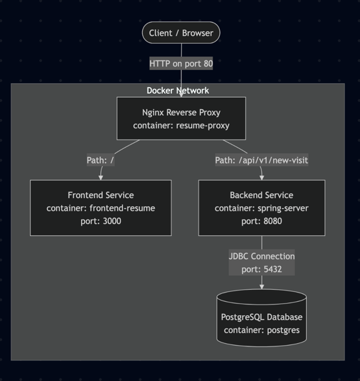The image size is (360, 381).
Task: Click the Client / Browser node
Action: (181, 33)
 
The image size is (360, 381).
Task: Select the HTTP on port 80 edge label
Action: (181, 64)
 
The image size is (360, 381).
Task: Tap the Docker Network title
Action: (177, 90)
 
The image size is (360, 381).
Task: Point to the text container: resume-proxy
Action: (181, 126)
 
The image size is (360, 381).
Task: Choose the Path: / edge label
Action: (100, 160)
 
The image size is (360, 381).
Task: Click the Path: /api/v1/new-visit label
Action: (261, 160)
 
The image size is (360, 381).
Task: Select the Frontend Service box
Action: (100, 207)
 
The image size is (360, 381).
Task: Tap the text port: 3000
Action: (100, 221)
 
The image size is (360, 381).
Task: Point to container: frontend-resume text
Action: (100, 208)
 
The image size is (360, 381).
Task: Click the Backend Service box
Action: (261, 207)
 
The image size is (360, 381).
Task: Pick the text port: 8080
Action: (261, 221)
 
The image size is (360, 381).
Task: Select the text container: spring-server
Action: (261, 208)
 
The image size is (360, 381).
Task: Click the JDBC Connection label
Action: (261, 256)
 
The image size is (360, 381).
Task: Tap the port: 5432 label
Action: (261, 269)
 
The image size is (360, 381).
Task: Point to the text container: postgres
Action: (261, 330)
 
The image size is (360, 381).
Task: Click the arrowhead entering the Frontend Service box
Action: (100, 177)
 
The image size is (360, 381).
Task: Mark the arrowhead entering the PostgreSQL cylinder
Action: (261, 287)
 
